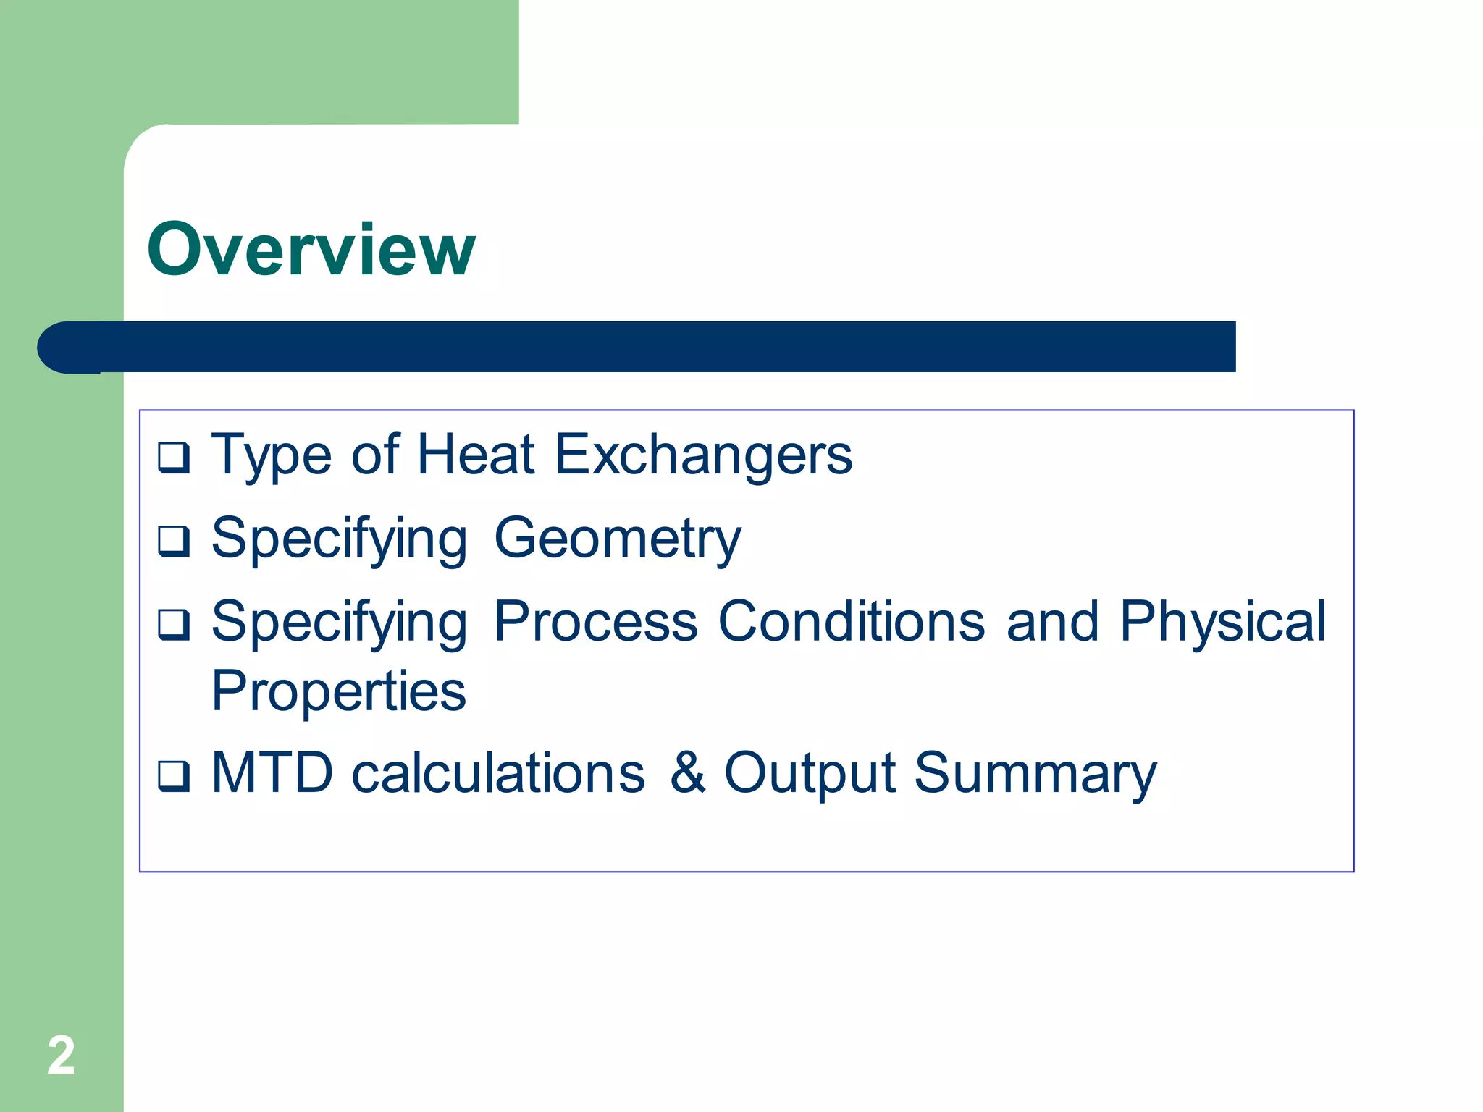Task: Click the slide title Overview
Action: click(311, 250)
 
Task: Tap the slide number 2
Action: click(61, 1056)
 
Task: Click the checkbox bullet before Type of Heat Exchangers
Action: click(174, 458)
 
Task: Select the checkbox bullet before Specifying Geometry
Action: click(174, 541)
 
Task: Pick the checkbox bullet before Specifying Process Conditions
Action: click(174, 624)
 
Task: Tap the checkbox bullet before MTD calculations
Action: click(174, 776)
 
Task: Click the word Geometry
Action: click(618, 539)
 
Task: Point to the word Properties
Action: click(338, 692)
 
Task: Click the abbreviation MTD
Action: click(272, 773)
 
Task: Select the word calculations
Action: click(498, 773)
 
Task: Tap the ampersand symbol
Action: click(687, 773)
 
